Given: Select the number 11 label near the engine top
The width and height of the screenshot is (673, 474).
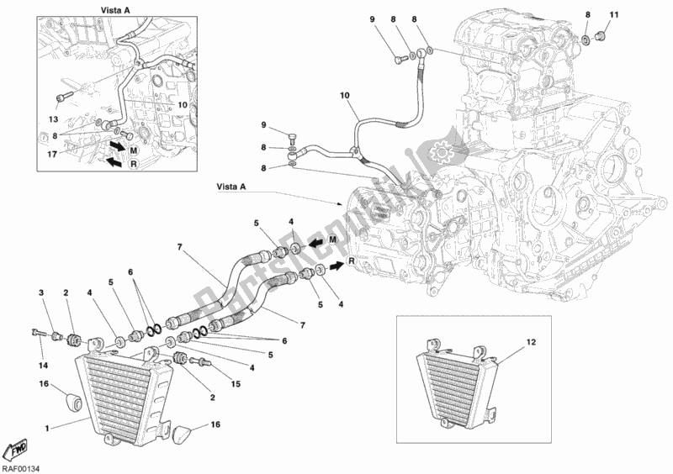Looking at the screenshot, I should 613,15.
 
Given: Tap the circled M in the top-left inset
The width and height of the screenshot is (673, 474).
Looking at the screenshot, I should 134,149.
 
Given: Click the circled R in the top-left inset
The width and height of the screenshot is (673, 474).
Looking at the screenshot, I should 132,166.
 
